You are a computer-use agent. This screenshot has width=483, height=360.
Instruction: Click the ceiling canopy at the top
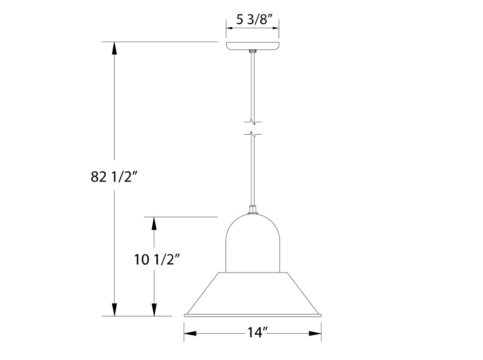click(253, 46)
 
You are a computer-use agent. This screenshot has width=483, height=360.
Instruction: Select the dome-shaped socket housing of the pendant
click(253, 242)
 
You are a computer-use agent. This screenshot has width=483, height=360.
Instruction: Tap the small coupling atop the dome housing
click(253, 209)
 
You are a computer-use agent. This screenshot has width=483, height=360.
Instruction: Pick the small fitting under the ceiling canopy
click(253, 51)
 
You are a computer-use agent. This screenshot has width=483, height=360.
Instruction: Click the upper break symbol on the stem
click(253, 122)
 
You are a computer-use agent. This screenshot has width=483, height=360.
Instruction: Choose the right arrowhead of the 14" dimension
click(315, 333)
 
